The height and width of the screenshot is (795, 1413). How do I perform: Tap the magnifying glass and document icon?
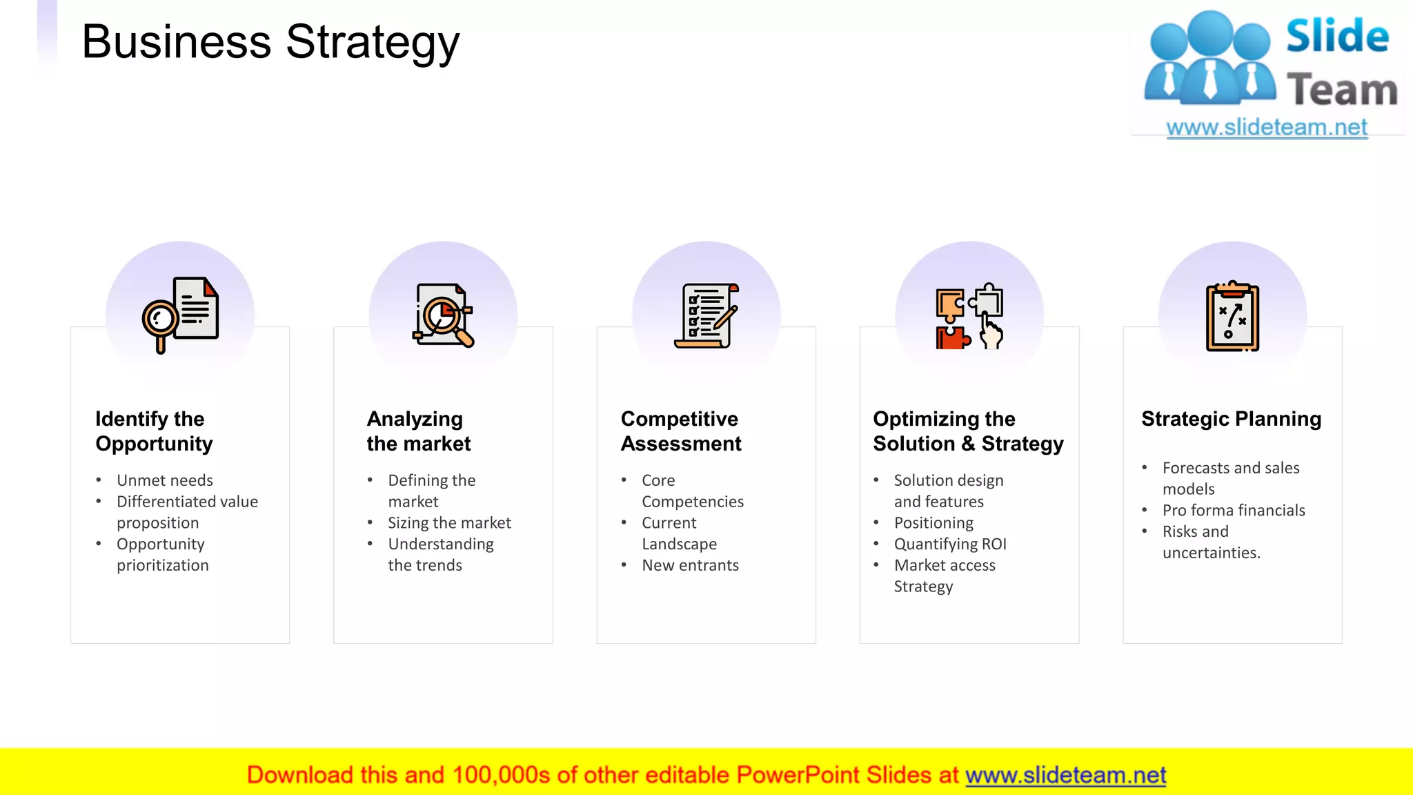coord(181,314)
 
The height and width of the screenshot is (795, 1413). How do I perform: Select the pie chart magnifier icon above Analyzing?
coord(444,315)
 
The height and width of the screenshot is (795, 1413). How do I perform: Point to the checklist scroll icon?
coord(706,315)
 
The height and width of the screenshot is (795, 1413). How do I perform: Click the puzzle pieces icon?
coord(969,316)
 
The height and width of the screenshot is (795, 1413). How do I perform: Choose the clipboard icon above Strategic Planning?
coord(1232,317)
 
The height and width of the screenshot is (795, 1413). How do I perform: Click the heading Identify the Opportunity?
coord(154,431)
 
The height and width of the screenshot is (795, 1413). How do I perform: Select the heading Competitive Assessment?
coord(681,431)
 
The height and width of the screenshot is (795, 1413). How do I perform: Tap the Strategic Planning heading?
coord(1231,419)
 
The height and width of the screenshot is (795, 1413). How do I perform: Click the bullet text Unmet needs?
coord(164,480)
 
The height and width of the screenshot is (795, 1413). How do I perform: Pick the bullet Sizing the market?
coord(449,523)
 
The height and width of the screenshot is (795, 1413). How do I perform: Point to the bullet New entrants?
coord(690,565)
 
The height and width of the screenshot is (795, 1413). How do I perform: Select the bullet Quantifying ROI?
coord(950,544)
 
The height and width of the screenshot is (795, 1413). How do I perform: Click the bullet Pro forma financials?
coord(1234,510)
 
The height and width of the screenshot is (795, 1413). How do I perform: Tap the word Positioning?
coord(933,523)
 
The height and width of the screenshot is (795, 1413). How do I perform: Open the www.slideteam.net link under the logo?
coord(1267,128)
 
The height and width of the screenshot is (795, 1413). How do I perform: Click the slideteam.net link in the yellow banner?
coord(1065,775)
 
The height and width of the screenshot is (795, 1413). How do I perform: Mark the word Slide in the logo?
coord(1337,36)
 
